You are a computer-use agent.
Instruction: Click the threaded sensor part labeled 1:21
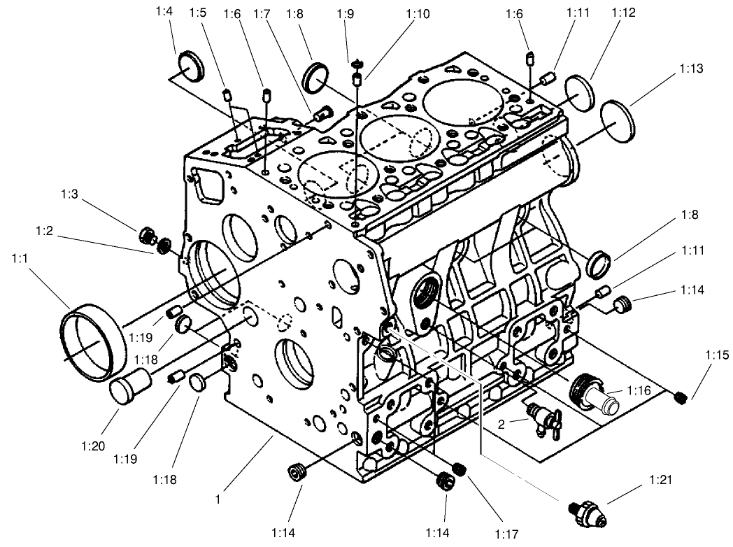pos(588,512)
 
